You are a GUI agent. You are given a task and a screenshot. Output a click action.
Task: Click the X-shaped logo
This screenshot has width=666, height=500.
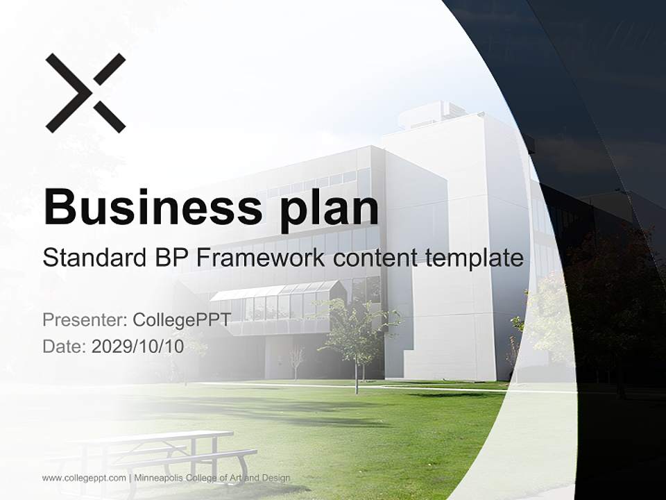[x=85, y=92]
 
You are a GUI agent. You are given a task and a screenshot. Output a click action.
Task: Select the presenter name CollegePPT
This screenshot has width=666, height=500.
[x=182, y=320]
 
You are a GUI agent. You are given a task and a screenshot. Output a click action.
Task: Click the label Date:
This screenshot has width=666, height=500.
[x=65, y=347]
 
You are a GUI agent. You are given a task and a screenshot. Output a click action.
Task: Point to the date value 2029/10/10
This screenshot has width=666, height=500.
[x=138, y=347]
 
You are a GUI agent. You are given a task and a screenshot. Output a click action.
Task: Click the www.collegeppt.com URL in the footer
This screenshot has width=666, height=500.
[x=84, y=478]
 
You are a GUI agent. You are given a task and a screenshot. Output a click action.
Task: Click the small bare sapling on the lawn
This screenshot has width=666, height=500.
[x=297, y=360]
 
